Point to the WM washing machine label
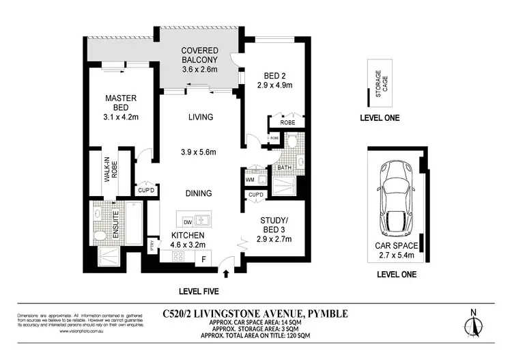click(249, 180)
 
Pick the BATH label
click(283, 167)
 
